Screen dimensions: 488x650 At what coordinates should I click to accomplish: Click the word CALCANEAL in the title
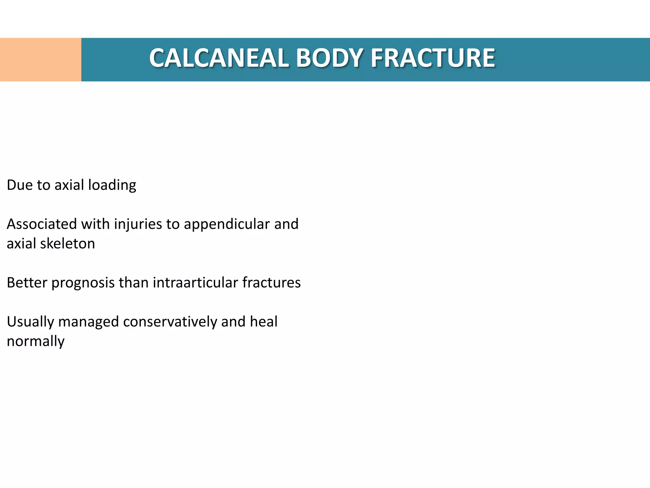pos(219,58)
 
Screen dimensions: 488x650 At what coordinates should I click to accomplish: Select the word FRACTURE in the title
pos(433,58)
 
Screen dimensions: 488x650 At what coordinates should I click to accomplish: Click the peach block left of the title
pos(41,60)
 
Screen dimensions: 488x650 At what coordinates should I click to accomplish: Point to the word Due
pos(19,185)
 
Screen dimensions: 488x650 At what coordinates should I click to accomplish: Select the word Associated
pos(42,224)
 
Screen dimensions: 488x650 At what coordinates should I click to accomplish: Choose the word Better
pos(27,282)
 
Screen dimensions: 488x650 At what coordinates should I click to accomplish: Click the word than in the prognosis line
pos(133,282)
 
